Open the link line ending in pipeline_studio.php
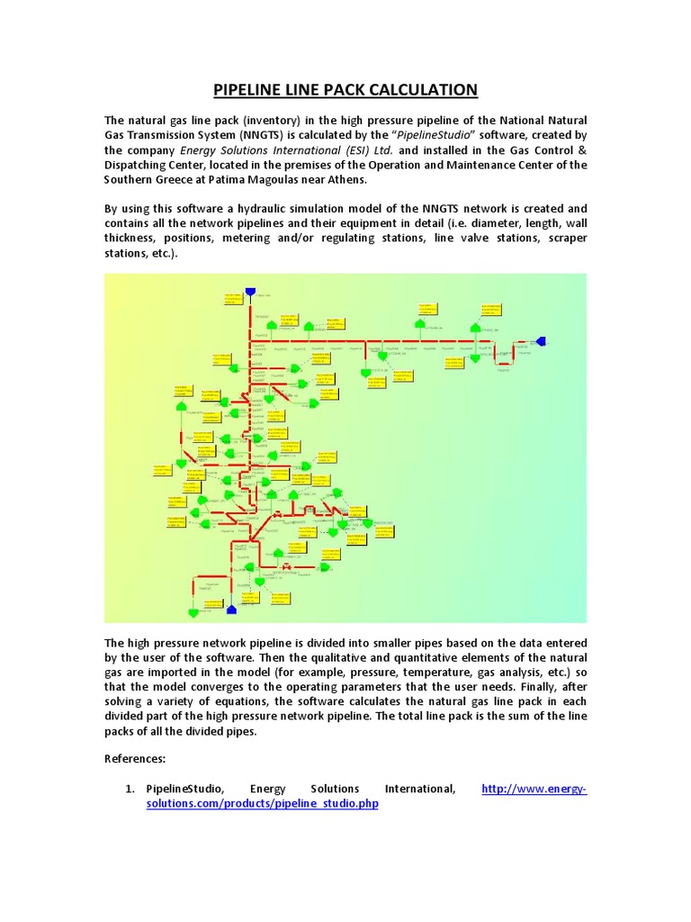262,803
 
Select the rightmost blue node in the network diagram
540,341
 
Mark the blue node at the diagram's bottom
231,610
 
